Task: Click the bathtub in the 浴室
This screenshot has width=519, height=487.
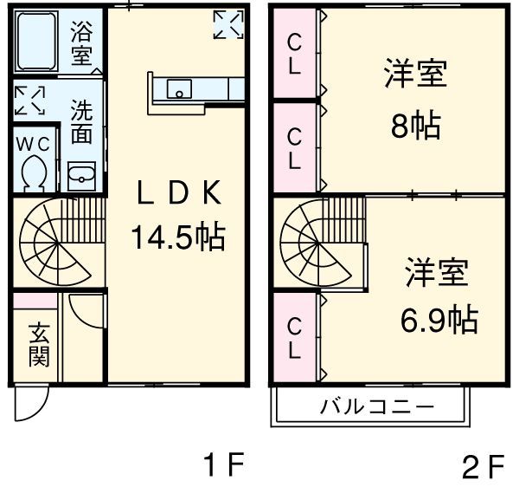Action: coord(36,41)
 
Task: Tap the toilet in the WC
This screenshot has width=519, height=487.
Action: coord(34,173)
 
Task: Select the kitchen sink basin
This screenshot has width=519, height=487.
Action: coord(179,89)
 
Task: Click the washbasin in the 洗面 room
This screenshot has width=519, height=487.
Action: coord(82,176)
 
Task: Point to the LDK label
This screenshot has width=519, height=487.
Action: coord(179,192)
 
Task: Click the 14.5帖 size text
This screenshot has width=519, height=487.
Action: coord(178,237)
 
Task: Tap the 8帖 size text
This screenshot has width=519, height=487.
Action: coord(415,126)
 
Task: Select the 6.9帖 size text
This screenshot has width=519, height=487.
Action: coord(439,321)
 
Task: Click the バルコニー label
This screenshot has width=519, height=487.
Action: coord(376,406)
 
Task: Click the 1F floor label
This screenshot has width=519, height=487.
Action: coord(224,464)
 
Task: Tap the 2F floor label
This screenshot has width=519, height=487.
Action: coord(483,466)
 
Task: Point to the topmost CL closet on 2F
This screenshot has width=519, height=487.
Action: coord(294,54)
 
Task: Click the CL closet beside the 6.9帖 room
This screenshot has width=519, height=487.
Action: coord(295,338)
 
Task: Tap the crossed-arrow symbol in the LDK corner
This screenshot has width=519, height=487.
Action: coord(228,24)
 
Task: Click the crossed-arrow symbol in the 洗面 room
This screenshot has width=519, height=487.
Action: coord(29,101)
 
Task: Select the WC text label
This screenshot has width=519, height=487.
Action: coord(33,144)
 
